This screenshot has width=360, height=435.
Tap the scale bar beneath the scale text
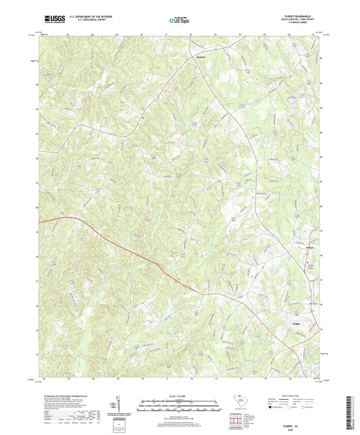[x=180, y=403]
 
